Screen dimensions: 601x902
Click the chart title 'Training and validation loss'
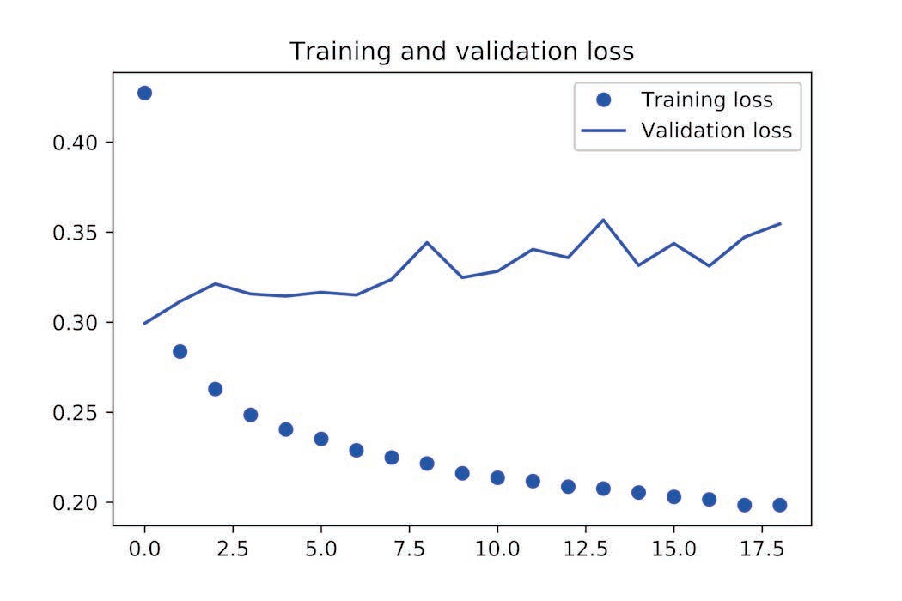(x=461, y=52)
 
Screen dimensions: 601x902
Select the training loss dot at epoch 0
(x=144, y=93)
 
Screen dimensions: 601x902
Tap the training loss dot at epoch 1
(x=180, y=351)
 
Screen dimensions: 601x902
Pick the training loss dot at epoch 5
(x=320, y=439)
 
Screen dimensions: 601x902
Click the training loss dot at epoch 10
(x=497, y=477)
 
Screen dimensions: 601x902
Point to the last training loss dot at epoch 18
(x=779, y=505)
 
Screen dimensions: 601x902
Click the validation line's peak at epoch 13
(x=603, y=220)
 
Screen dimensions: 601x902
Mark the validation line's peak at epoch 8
(x=427, y=242)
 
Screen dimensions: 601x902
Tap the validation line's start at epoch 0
(x=144, y=323)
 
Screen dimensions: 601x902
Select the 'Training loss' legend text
(x=706, y=100)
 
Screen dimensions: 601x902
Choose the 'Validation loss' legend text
(x=716, y=131)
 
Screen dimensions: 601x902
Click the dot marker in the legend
(x=603, y=100)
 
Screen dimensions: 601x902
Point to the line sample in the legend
(x=603, y=131)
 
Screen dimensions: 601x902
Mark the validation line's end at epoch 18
(x=779, y=223)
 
